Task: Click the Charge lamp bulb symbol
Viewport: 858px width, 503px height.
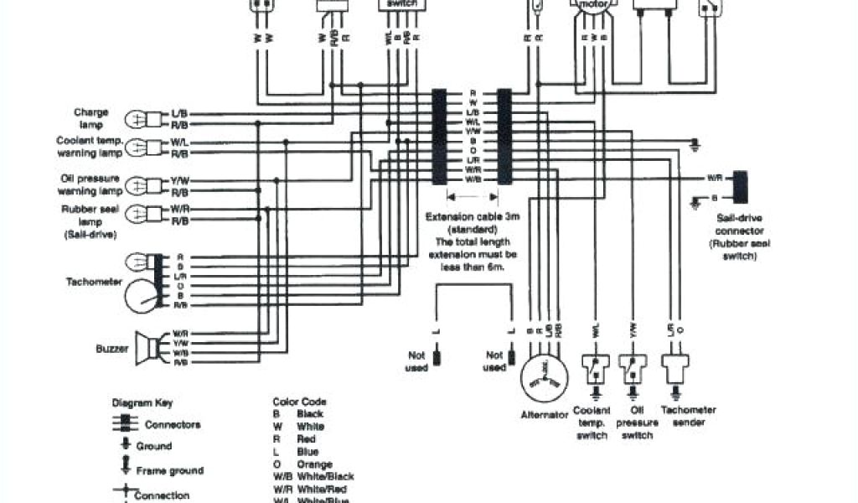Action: [137, 118]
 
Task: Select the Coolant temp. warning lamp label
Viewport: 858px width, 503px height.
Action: [90, 147]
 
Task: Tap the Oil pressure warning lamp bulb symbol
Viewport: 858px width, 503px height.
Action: [137, 184]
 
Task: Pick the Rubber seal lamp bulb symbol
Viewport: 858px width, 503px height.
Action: [137, 215]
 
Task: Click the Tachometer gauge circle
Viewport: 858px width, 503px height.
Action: [142, 297]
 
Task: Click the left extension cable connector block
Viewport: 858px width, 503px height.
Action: [439, 137]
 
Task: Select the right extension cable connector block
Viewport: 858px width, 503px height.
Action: [504, 137]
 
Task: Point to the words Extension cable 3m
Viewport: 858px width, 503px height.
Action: [473, 217]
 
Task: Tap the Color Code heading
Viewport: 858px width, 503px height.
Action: [299, 402]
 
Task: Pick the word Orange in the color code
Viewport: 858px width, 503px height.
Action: [314, 464]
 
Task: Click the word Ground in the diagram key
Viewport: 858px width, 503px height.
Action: [153, 446]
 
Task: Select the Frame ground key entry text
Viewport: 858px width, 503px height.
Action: [169, 470]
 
